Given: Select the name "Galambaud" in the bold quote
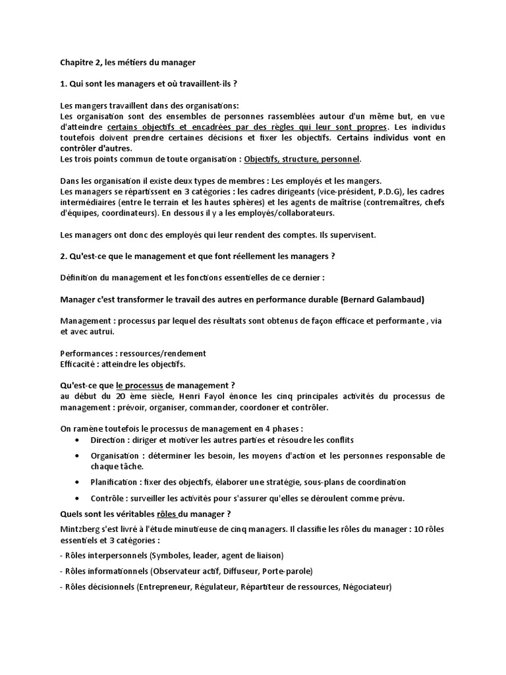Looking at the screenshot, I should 398,299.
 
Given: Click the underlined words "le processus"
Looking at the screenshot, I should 140,385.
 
